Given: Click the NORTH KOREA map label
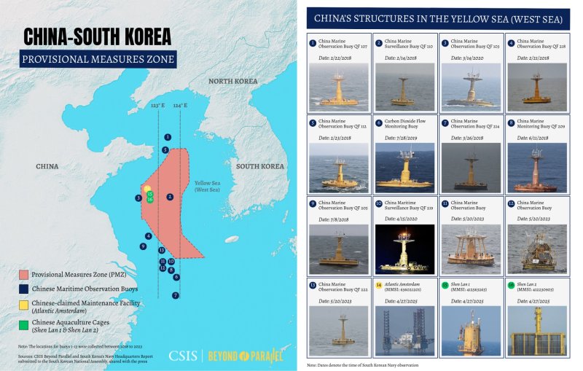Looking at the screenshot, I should tap(233, 81).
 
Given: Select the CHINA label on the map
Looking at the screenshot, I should tap(47, 166).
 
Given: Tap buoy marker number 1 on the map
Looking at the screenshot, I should tap(168, 137).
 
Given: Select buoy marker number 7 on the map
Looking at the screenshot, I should tap(176, 295).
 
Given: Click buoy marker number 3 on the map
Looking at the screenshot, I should tap(138, 198).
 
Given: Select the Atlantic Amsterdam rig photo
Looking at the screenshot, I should tap(402, 331).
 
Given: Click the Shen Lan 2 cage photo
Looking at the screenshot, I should tap(536, 331).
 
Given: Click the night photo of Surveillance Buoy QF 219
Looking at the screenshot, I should tap(402, 248).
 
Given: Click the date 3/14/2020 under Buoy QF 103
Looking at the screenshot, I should tap(469, 58).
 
